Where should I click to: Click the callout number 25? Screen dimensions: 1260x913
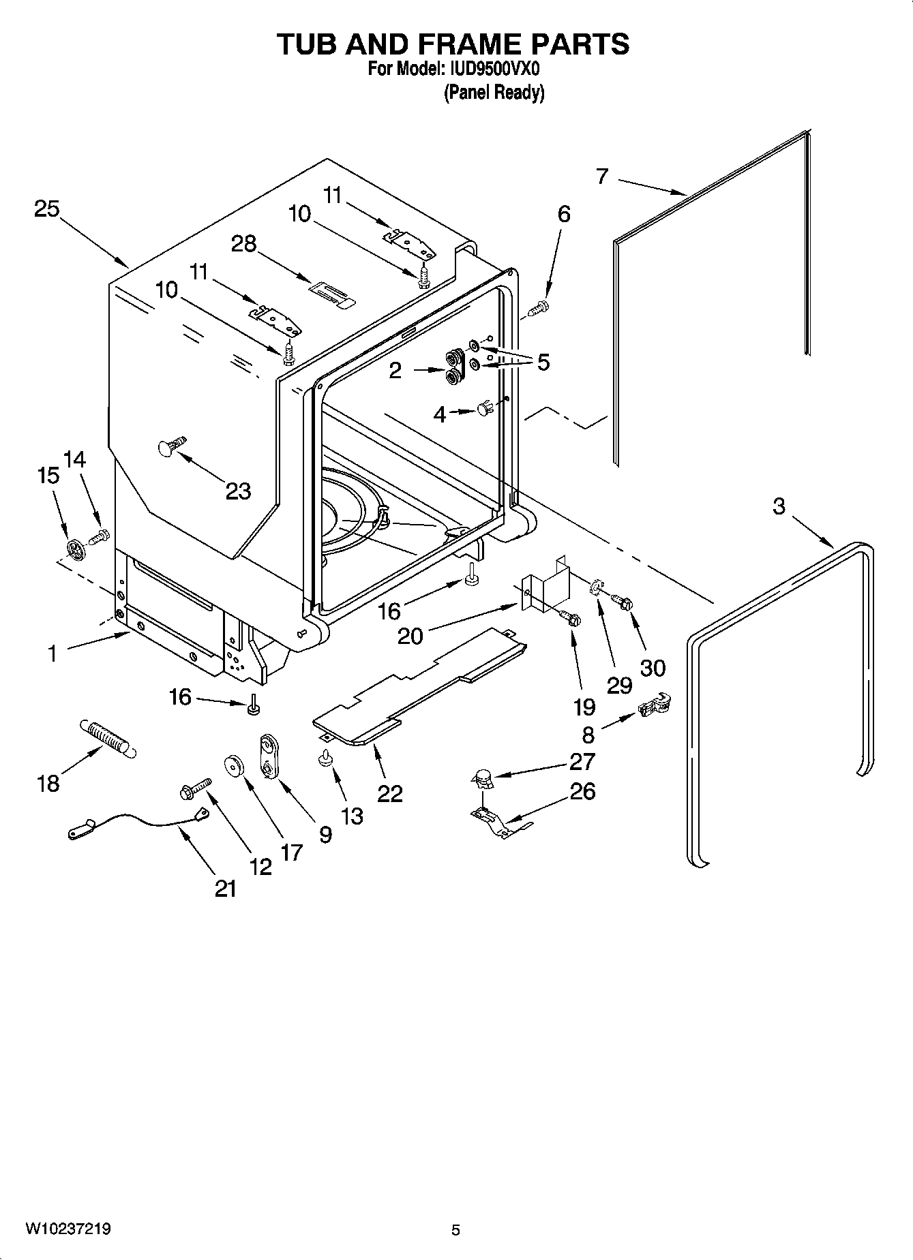tap(47, 209)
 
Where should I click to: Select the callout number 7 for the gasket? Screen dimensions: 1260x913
tap(601, 176)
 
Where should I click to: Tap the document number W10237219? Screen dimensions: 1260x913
tap(68, 1229)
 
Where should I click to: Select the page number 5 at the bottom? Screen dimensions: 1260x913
tap(455, 1230)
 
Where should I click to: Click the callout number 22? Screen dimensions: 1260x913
tap(389, 793)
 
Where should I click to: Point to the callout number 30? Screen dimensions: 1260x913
tap(653, 667)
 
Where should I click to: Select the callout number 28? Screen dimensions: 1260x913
tap(243, 243)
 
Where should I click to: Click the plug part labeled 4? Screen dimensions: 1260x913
tap(485, 410)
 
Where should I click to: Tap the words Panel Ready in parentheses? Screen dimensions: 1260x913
tap(494, 92)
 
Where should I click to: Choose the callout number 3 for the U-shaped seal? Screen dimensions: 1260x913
tap(779, 506)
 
